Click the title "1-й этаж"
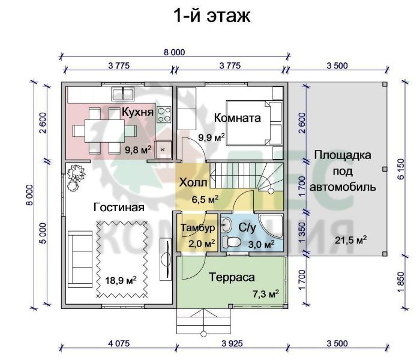point(212,16)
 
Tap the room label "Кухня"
point(137,112)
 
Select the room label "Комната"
point(238,118)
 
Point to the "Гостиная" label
point(119,207)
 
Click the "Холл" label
point(193,182)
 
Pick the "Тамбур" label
point(198,227)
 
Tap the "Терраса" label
point(232,277)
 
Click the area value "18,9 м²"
point(121,280)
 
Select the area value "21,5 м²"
point(350,240)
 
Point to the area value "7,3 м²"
point(266,294)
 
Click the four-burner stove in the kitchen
point(164,115)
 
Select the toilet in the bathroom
point(231,242)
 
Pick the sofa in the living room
point(80,259)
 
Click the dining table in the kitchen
point(104,131)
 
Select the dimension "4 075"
point(119,344)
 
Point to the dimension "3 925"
point(232,344)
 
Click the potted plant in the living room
point(76,177)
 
